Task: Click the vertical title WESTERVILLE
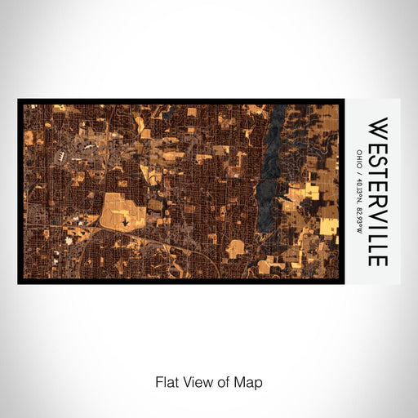click(378, 192)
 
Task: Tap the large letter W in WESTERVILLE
click(378, 130)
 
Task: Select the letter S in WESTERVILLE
click(378, 160)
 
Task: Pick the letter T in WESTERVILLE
click(378, 173)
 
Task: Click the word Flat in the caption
click(165, 381)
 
